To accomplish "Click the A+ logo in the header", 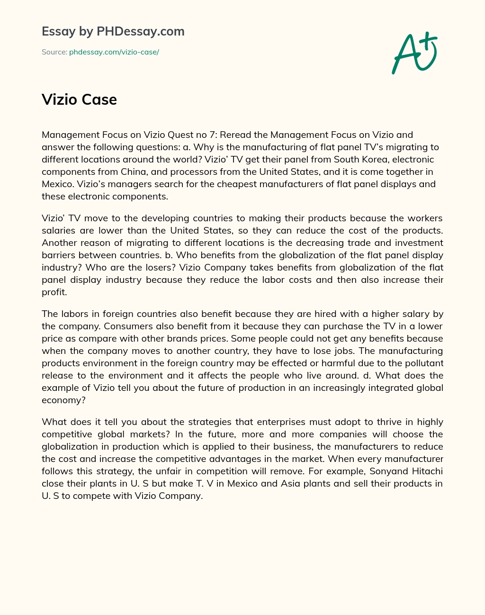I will [x=414, y=53].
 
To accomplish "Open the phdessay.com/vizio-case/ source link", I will [x=114, y=52].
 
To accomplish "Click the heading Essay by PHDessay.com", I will [x=113, y=31].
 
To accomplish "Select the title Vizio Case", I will [x=79, y=99].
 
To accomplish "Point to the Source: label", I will [x=54, y=52].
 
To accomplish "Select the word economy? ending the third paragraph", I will [x=63, y=400].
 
